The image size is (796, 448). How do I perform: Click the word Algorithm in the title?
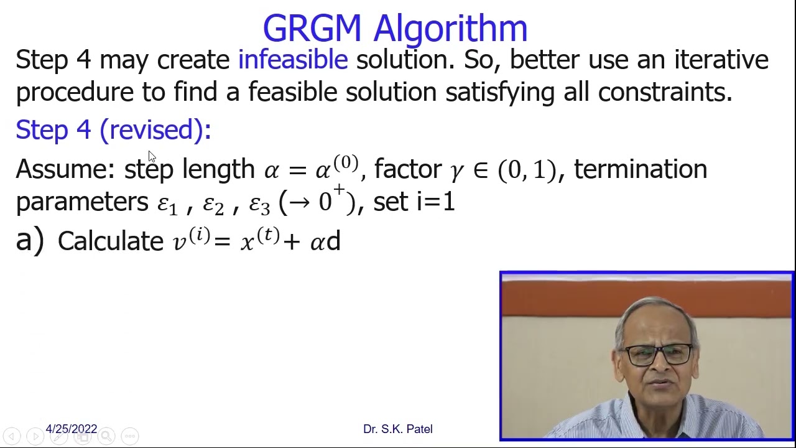click(x=450, y=29)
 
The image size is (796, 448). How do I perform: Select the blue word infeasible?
click(x=293, y=60)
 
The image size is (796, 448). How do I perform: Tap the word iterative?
click(x=721, y=60)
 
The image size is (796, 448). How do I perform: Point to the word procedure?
click(x=75, y=92)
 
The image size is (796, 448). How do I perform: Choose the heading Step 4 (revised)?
click(x=113, y=129)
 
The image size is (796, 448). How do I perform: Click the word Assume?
click(x=65, y=169)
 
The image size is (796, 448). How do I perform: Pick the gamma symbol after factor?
click(x=457, y=170)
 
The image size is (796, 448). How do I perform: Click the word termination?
click(x=640, y=169)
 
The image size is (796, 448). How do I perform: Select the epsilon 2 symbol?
click(x=213, y=204)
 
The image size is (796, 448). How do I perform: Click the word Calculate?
click(x=110, y=241)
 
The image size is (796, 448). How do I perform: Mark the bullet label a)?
click(x=29, y=240)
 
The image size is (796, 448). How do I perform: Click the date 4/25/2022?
click(x=72, y=429)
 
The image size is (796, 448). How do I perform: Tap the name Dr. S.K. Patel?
click(x=397, y=429)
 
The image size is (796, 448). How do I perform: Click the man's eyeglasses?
click(x=659, y=355)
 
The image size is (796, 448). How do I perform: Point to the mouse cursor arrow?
click(x=152, y=157)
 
